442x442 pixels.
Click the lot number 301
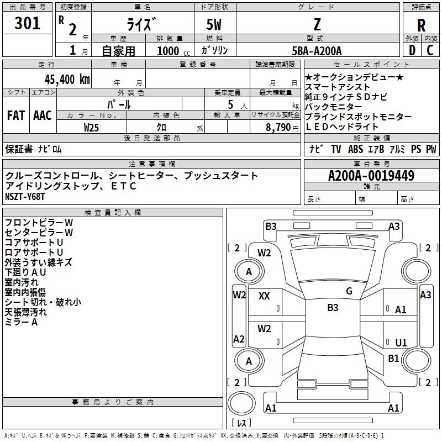pos(27,23)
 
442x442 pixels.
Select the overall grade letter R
pos(421,25)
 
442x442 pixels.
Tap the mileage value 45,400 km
pos(67,80)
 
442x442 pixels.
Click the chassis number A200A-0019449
pos(371,176)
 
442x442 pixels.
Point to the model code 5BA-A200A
pos(317,51)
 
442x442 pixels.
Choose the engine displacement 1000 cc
pos(173,51)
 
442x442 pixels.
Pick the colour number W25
pos(91,128)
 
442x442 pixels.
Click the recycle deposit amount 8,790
pos(278,128)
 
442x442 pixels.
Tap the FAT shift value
pos(16,115)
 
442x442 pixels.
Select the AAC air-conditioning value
pos(43,115)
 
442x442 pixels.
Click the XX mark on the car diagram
pos(264,296)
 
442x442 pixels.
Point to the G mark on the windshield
pos(349,291)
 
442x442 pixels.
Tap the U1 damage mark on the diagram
pos(401,343)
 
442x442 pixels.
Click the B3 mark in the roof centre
pos(333,307)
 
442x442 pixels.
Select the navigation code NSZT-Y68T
pos(25,197)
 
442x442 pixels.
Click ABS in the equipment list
pos(355,149)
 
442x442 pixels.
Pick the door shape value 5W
pos(214,24)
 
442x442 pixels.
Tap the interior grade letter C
pos(430,50)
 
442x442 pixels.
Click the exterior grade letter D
pos(412,50)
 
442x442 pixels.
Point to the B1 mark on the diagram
pos(393,358)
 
